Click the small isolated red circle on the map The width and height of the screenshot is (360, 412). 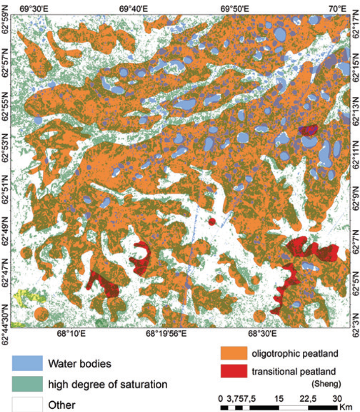pos(212,222)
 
